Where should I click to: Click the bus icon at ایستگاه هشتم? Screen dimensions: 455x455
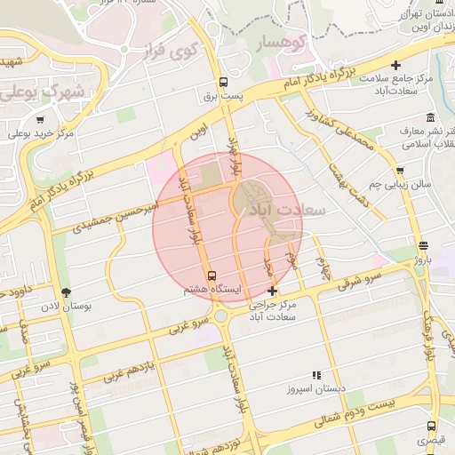pyautogui.click(x=212, y=275)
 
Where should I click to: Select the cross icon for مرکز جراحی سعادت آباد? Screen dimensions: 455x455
pyautogui.click(x=272, y=291)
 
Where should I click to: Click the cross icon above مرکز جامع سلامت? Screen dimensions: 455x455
pyautogui.click(x=396, y=65)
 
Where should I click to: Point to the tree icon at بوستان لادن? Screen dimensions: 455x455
pyautogui.click(x=66, y=291)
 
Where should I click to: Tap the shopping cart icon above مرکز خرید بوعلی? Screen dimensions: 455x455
pyautogui.click(x=40, y=120)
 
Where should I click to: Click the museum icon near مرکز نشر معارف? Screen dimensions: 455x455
pyautogui.click(x=431, y=117)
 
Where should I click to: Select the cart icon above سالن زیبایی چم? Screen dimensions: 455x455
pyautogui.click(x=400, y=171)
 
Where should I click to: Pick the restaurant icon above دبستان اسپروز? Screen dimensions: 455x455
pyautogui.click(x=317, y=376)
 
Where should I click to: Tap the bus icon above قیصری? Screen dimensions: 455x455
pyautogui.click(x=432, y=426)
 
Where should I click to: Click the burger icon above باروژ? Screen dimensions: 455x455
pyautogui.click(x=422, y=247)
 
